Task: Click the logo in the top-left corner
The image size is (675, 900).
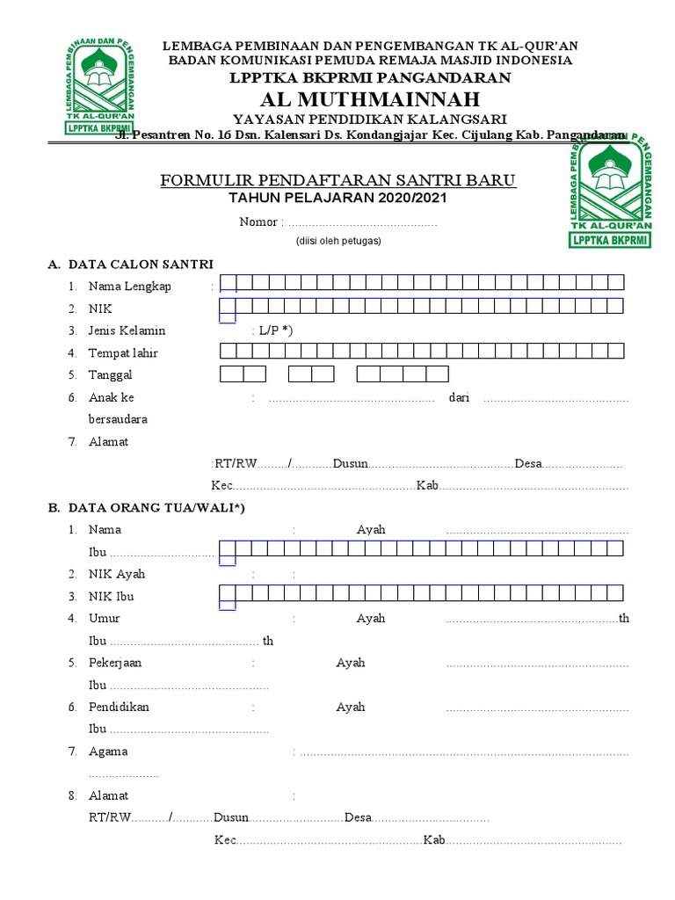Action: point(99,86)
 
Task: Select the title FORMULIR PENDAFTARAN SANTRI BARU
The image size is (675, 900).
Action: point(337,181)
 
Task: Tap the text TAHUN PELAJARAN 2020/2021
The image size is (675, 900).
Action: point(337,199)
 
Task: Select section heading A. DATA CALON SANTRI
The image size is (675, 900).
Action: point(130,264)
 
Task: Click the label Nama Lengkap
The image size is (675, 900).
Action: point(129,286)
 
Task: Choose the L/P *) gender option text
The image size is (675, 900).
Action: point(275,330)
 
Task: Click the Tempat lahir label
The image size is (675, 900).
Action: point(123,353)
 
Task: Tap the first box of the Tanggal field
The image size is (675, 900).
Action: point(231,374)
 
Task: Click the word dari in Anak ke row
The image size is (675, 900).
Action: point(459,397)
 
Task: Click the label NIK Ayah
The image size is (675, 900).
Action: point(116,574)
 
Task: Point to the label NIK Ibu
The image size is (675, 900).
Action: point(112,596)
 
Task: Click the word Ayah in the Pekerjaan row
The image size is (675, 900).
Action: point(351,663)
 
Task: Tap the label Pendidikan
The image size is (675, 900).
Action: point(119,707)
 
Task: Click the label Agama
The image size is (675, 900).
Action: point(108,751)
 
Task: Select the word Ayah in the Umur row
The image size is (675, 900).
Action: point(371,618)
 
